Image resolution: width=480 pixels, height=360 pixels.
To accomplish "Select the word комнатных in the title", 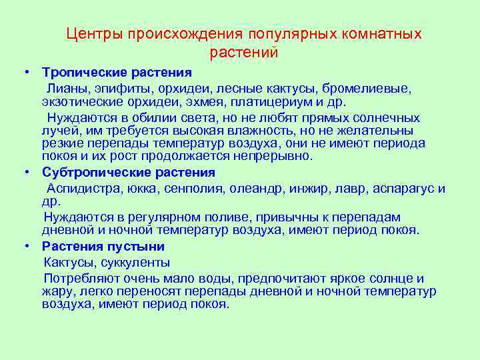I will pos(377,34).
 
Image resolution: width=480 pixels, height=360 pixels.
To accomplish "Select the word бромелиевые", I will pos(371,88).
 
